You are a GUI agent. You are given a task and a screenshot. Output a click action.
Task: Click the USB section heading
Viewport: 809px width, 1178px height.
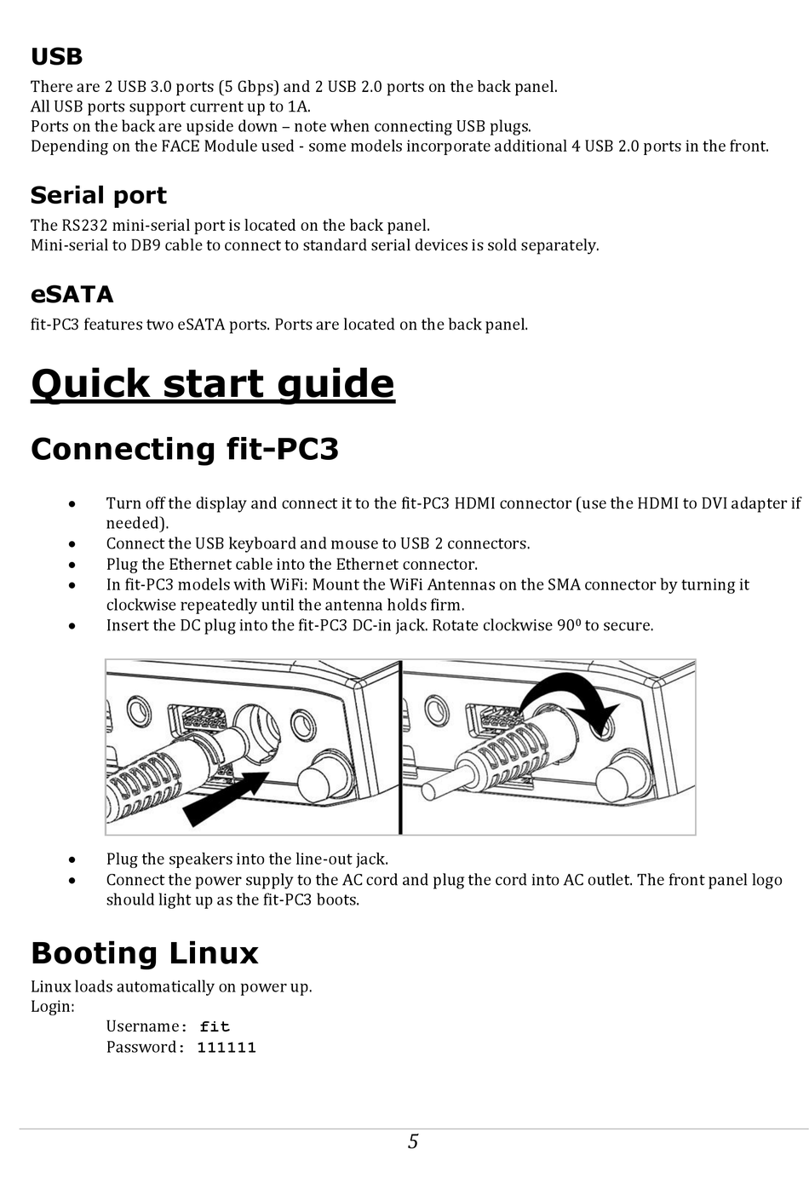click(x=56, y=57)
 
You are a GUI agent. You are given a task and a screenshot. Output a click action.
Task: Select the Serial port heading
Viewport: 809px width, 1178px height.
click(x=98, y=196)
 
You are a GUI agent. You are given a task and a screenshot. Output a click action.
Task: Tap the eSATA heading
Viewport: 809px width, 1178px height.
click(x=72, y=295)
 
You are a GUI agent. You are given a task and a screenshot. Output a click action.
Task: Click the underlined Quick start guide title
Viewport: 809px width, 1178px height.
click(x=212, y=384)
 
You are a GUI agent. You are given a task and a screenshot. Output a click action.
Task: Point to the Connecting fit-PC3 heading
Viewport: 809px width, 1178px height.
click(x=184, y=449)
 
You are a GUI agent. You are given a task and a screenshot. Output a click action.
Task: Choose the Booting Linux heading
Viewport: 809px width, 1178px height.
click(x=144, y=953)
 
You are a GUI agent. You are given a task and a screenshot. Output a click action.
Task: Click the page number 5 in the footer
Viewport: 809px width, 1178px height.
click(x=413, y=1142)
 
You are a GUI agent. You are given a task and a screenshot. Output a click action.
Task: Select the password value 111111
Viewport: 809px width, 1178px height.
click(x=227, y=1048)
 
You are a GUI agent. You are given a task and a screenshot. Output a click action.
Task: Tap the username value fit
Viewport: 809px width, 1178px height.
click(x=215, y=1027)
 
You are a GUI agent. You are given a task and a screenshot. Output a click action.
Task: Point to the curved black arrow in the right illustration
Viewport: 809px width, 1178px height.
click(x=571, y=694)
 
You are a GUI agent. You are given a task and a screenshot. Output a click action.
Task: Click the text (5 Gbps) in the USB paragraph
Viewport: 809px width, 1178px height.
click(x=248, y=87)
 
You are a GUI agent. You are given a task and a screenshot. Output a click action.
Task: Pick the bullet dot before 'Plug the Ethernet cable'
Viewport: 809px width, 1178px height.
click(x=74, y=565)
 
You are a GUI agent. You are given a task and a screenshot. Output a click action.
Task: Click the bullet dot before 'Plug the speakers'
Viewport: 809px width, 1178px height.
click(x=74, y=860)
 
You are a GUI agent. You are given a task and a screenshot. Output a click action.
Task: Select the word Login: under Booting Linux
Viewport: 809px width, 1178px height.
click(x=53, y=1007)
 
